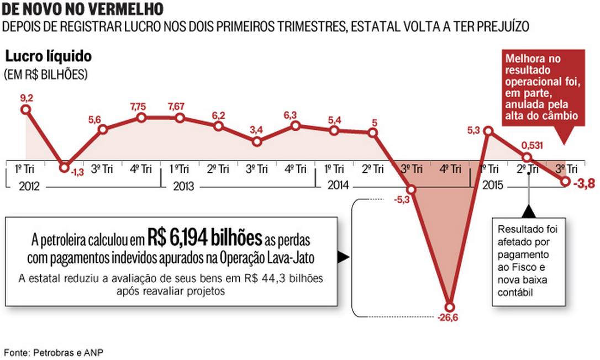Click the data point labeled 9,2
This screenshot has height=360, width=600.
pos(25,109)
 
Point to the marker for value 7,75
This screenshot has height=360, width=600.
pos(141,118)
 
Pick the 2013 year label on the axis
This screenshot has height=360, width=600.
pos(182,186)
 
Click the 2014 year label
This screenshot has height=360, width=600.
pos(337,186)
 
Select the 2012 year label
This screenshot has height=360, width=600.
pos(29,186)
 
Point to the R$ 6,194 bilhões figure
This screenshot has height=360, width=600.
pos(204,239)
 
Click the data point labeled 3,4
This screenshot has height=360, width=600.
pos(257,141)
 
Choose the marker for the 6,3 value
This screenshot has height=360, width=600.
pos(296,126)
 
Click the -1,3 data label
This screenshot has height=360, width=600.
pos(77,173)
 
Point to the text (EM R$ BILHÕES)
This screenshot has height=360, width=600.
pos(46,74)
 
